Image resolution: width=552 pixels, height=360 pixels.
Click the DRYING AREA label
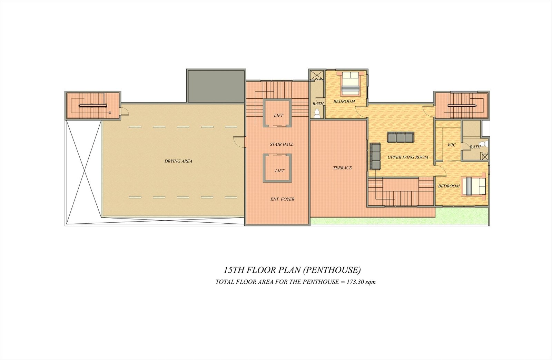[x=178, y=161]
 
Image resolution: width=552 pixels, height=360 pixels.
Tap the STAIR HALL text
[x=282, y=145]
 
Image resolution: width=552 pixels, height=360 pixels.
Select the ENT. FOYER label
[x=282, y=199]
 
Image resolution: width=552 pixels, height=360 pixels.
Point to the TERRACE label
[x=342, y=168]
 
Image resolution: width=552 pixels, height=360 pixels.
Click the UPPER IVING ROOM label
[x=408, y=157]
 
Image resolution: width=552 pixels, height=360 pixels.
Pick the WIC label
[x=452, y=145]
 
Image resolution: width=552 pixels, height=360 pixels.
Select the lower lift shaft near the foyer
[x=277, y=168]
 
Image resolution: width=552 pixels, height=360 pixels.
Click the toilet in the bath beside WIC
[x=485, y=143]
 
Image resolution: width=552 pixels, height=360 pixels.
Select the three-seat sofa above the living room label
[x=401, y=137]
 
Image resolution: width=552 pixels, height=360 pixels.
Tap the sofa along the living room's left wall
[x=375, y=157]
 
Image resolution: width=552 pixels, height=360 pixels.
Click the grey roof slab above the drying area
[x=216, y=86]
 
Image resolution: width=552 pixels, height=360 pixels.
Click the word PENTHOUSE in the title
[x=332, y=271]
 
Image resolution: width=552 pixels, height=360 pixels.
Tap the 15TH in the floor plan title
[x=234, y=271]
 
